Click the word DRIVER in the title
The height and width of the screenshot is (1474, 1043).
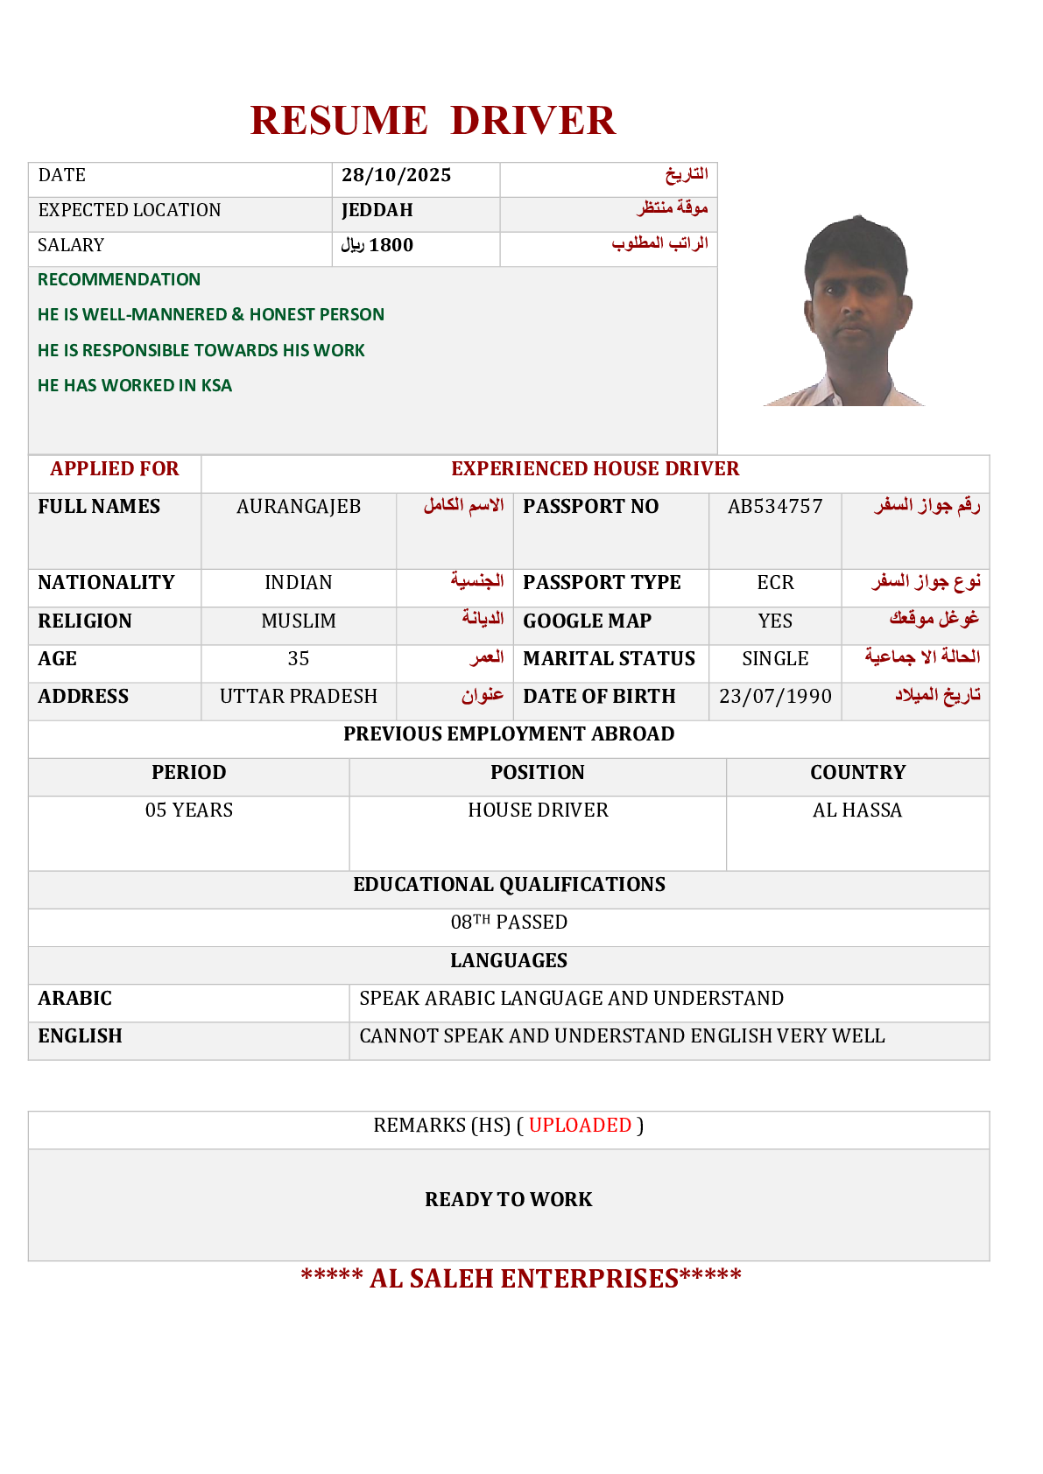click(x=532, y=121)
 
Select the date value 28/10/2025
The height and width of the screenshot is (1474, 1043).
click(x=396, y=175)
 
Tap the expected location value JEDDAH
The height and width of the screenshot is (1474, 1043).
click(x=377, y=210)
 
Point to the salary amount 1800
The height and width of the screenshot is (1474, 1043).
click(x=391, y=245)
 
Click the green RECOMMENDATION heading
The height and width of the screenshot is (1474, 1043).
click(x=119, y=279)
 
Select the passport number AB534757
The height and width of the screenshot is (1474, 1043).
click(x=775, y=507)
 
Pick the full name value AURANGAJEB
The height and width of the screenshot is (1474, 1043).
click(x=299, y=507)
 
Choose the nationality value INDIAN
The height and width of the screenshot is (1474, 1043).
click(x=299, y=583)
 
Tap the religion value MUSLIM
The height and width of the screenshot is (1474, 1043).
click(x=299, y=621)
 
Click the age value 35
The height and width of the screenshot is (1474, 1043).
click(x=299, y=659)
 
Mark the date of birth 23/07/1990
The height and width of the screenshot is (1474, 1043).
click(x=775, y=697)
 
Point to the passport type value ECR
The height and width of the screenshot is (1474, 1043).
click(x=775, y=583)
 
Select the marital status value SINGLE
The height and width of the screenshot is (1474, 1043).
click(x=775, y=659)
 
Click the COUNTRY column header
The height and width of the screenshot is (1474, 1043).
click(x=857, y=773)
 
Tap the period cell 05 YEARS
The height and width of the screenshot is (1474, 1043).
click(x=189, y=811)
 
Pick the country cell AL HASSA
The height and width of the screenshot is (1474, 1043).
click(x=857, y=811)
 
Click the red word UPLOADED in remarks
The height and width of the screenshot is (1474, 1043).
click(x=580, y=1126)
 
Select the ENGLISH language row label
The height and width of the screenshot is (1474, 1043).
click(x=80, y=1036)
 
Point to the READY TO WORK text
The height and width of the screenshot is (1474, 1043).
click(x=509, y=1200)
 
